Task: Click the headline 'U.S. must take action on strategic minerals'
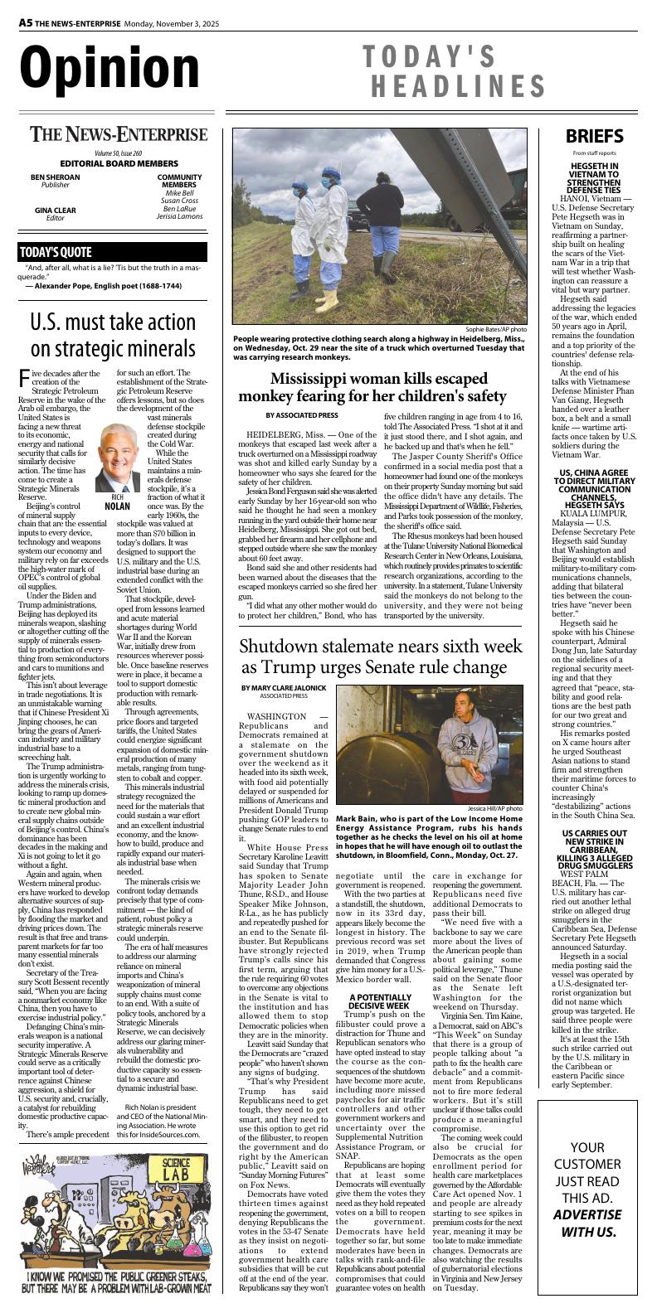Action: click(113, 334)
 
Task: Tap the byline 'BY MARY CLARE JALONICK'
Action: click(285, 688)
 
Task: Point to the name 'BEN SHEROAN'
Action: click(56, 177)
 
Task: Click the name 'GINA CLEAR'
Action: click(56, 211)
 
